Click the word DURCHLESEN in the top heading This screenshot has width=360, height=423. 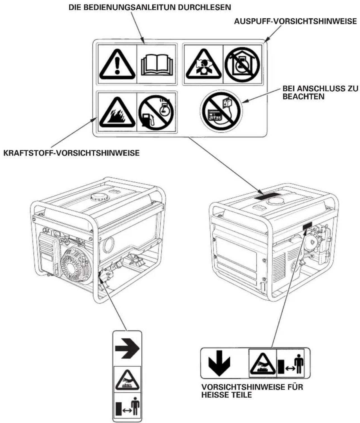[204, 8]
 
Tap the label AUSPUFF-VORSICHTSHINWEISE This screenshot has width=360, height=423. [295, 21]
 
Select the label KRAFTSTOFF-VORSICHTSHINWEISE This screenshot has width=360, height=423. [72, 153]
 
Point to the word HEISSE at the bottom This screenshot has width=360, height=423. [215, 395]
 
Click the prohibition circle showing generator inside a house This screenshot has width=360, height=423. [242, 65]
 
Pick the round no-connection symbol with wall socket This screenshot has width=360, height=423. [221, 111]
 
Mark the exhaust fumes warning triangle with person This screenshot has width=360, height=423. [203, 64]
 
